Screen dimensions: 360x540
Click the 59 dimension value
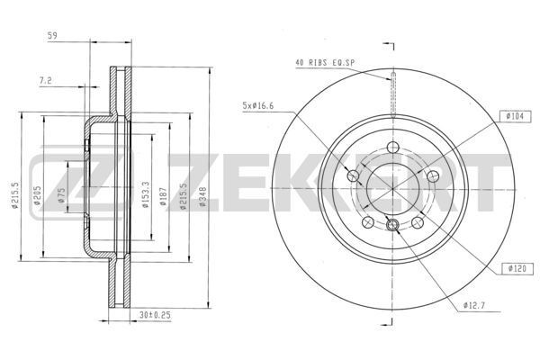point(52,37)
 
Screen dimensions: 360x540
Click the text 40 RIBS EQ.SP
point(325,62)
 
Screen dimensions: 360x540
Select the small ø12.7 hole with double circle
point(392,223)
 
